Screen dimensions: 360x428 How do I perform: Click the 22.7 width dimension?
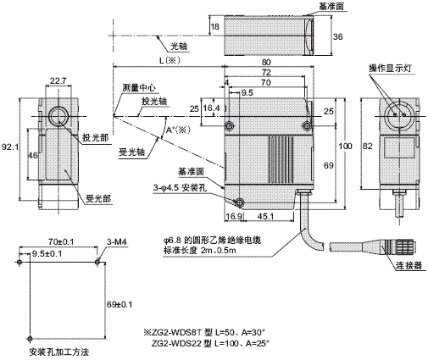57,82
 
